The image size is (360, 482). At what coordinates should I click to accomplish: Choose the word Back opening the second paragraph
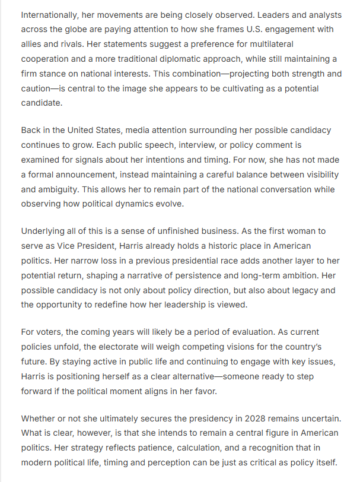tap(31, 130)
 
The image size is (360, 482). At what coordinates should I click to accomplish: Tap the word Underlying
tap(44, 231)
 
